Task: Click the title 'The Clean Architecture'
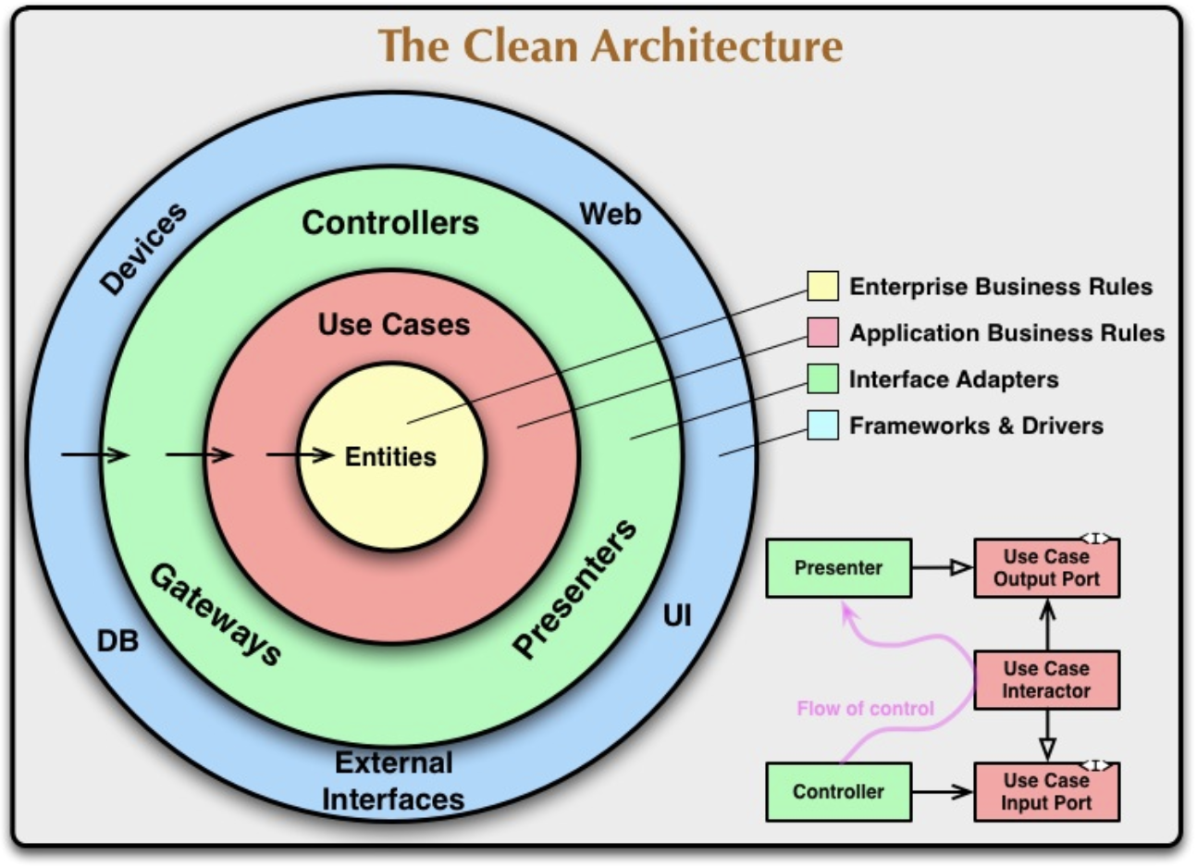[x=611, y=45]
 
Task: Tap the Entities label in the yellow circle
[x=390, y=457]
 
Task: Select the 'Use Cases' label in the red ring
[x=394, y=325]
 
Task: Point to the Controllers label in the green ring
[x=390, y=223]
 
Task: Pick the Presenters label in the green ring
[x=575, y=588]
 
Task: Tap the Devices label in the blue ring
[x=143, y=249]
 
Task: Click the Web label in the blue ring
[x=611, y=215]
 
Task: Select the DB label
[x=117, y=640]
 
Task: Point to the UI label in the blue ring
[x=677, y=616]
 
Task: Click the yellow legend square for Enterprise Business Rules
[x=822, y=287]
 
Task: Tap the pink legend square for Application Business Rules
[x=822, y=333]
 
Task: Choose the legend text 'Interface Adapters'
[x=954, y=379]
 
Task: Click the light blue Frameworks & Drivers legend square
[x=822, y=426]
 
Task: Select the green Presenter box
[x=838, y=568]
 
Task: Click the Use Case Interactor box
[x=1046, y=680]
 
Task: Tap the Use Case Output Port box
[x=1046, y=568]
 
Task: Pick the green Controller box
[x=838, y=792]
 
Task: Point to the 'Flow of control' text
[x=866, y=709]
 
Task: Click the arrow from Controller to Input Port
[x=942, y=792]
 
